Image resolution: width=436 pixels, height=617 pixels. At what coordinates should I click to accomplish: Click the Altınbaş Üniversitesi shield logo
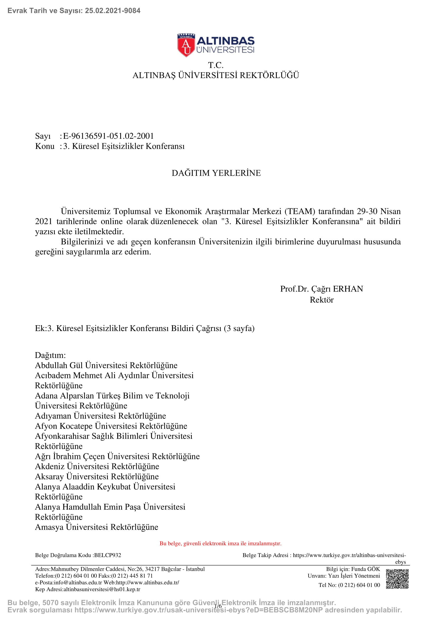point(186,45)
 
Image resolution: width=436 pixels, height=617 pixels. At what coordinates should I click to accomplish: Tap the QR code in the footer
point(397,578)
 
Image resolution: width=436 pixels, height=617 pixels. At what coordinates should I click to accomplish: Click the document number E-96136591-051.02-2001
point(108,136)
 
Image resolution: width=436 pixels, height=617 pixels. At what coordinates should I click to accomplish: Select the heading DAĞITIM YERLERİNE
point(216,173)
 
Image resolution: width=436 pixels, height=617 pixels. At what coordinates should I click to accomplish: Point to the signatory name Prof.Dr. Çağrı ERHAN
point(321,289)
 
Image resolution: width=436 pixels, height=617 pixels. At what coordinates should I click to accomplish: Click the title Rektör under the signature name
point(321,300)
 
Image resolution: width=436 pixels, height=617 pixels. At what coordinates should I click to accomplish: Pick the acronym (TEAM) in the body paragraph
point(300,212)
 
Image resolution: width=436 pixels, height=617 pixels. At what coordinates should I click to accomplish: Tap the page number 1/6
point(218,606)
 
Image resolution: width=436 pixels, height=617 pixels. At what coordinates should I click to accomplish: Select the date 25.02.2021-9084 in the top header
point(113,11)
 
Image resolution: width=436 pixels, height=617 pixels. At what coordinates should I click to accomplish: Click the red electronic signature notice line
point(220,543)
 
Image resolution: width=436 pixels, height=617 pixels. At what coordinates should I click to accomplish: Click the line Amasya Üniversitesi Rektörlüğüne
point(97,527)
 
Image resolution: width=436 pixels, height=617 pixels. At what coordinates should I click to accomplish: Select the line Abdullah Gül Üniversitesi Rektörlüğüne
point(106,365)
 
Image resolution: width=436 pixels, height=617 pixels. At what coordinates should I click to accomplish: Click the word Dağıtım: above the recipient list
point(50,355)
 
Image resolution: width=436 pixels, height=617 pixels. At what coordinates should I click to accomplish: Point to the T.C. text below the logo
point(216,65)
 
